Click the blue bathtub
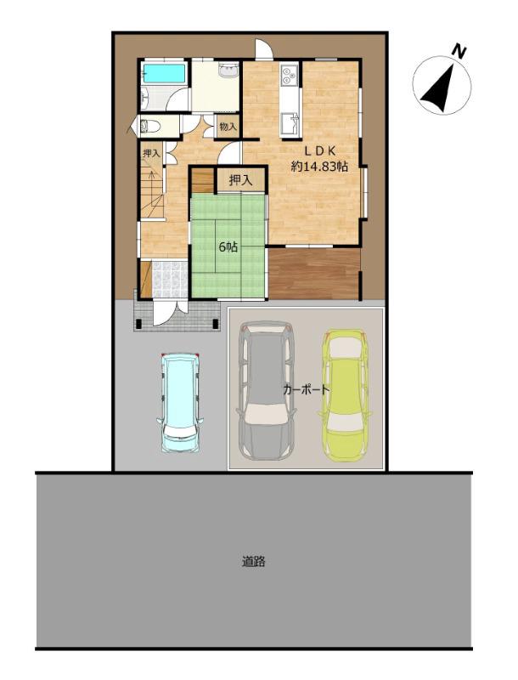point(165,73)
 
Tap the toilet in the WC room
point(149,126)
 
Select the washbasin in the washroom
point(228,71)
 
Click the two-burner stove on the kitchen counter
point(289,75)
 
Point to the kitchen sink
point(290,124)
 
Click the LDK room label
point(319,151)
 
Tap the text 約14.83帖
point(319,166)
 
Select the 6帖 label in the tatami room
point(228,247)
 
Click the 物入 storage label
point(228,127)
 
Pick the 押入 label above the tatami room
point(241,180)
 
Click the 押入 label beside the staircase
point(152,153)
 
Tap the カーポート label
point(307,389)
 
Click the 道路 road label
point(253,562)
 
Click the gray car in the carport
point(266,390)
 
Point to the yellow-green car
point(345,395)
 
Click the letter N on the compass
point(459,52)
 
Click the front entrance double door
point(170,312)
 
